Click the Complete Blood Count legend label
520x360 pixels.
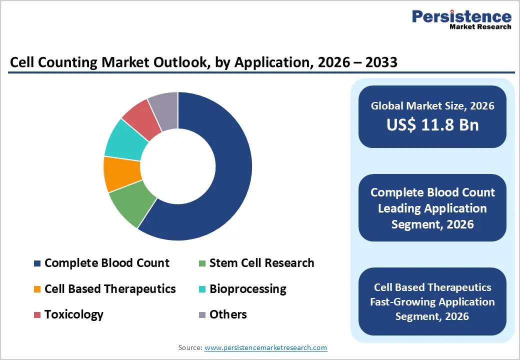106,263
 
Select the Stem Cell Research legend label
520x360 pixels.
261,263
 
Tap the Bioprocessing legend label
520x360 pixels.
247,289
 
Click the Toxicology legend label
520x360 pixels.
73,314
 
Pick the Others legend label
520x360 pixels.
228,314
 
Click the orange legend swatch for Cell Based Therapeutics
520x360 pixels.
37,289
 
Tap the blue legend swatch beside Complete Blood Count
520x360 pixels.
37,263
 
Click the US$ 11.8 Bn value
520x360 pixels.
432,125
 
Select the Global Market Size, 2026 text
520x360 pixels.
432,105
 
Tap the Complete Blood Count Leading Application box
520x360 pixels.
432,208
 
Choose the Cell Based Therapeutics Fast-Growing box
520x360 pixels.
432,301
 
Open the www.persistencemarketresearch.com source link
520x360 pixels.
265,347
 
